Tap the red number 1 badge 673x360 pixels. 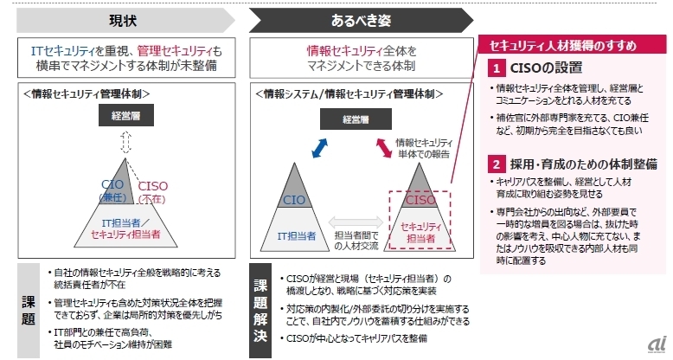click(x=497, y=67)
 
